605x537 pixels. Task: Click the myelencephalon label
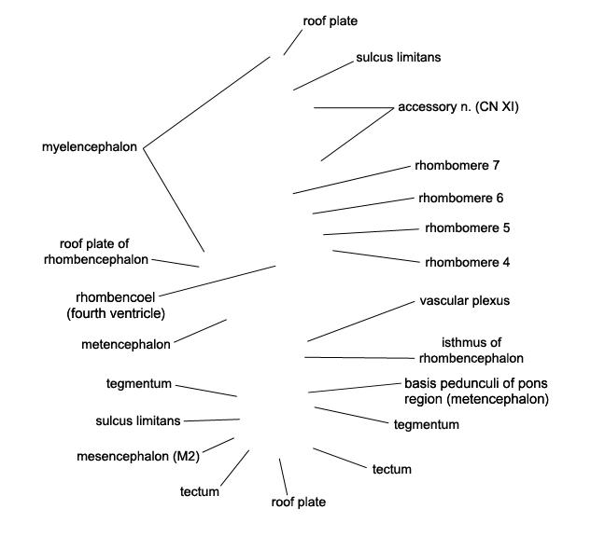click(90, 147)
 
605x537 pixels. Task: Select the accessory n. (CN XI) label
click(458, 106)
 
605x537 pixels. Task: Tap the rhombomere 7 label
click(457, 165)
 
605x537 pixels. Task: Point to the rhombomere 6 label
click(461, 198)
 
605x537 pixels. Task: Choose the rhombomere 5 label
click(467, 228)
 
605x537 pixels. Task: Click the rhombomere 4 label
click(467, 262)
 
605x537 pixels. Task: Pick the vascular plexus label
click(465, 301)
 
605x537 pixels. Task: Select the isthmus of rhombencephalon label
click(471, 351)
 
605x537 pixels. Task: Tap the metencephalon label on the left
click(126, 344)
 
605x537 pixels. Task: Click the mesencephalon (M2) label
click(138, 457)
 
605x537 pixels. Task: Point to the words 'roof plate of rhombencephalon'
click(95, 252)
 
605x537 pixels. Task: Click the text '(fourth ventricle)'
click(116, 313)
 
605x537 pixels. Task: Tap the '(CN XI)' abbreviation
click(497, 106)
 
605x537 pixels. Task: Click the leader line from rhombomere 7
click(352, 180)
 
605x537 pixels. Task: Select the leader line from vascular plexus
click(360, 322)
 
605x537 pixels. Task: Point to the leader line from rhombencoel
click(218, 281)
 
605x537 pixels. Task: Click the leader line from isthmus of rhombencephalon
click(359, 358)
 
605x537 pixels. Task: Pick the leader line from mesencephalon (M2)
click(218, 445)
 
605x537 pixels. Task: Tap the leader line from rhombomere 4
click(376, 256)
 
